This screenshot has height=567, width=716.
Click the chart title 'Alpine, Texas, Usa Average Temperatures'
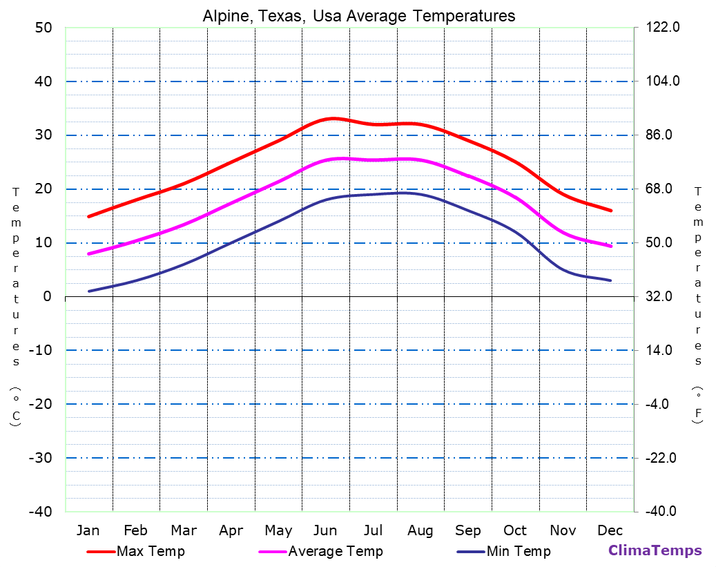click(x=358, y=16)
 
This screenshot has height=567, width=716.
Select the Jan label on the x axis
click(x=88, y=530)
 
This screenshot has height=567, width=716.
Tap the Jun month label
click(x=325, y=530)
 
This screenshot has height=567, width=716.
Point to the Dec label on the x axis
click(x=610, y=530)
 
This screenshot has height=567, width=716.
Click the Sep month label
click(x=468, y=530)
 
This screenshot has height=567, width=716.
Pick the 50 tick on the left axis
click(x=43, y=28)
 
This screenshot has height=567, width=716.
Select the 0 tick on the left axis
click(x=47, y=296)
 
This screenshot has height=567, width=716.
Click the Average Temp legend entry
click(x=335, y=551)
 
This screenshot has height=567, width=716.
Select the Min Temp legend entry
click(x=519, y=551)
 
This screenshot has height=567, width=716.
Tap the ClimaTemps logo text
click(x=655, y=550)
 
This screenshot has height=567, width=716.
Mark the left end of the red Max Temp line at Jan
click(x=88, y=217)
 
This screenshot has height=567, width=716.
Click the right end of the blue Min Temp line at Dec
click(x=610, y=280)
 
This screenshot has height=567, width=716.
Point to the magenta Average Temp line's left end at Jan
click(x=88, y=254)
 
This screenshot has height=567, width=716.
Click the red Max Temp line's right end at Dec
click(x=610, y=211)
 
